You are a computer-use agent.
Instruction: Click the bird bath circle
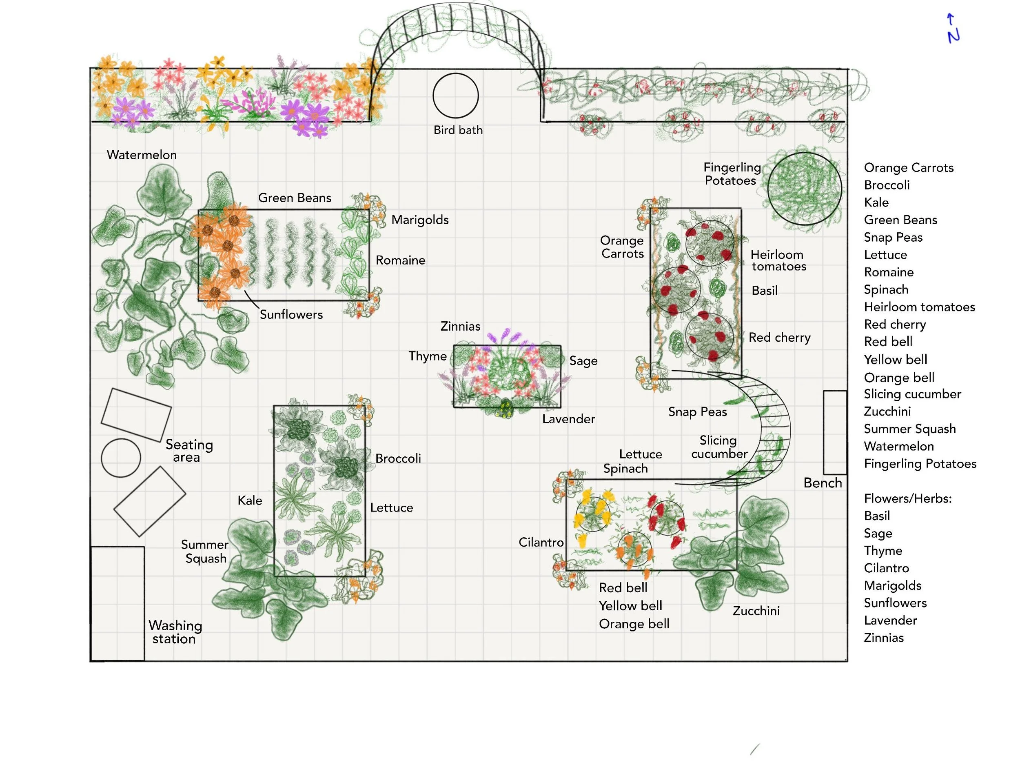point(456,96)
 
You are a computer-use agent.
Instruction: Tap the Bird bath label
point(458,130)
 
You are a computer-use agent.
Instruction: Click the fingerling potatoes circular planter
point(805,188)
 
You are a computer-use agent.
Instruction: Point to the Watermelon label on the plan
point(142,155)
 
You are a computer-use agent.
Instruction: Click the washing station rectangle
point(118,603)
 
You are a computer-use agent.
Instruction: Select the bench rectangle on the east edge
point(835,432)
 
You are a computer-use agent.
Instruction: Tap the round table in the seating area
point(121,458)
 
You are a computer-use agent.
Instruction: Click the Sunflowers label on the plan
point(291,315)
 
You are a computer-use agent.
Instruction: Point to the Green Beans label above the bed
point(295,198)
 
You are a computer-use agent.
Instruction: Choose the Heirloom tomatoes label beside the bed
point(778,260)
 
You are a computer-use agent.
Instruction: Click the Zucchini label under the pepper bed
point(756,611)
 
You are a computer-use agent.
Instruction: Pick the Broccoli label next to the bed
point(398,458)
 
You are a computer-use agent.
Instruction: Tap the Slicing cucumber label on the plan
point(719,447)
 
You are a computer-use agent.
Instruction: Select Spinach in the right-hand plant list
point(886,290)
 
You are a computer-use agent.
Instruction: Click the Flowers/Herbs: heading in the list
point(907,498)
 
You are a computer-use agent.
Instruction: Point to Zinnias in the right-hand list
point(883,638)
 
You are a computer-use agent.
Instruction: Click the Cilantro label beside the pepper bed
point(541,542)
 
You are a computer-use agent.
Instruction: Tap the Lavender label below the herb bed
point(569,419)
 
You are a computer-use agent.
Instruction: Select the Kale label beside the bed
point(250,500)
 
